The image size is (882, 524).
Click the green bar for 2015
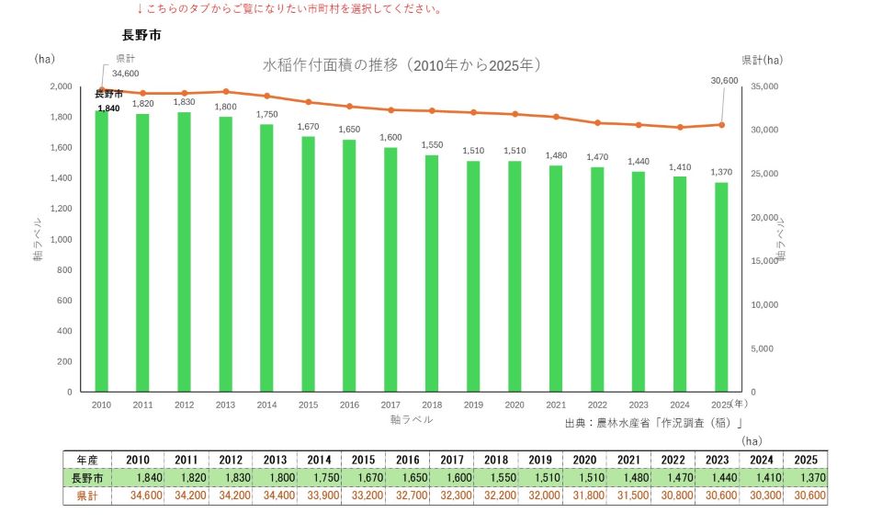pos(308,264)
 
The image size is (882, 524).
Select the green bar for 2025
pos(721,287)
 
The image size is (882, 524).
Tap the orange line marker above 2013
pos(226,91)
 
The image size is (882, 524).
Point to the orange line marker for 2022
pos(597,122)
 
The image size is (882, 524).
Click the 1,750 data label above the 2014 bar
pos(267,114)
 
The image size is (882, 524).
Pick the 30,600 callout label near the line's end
pos(725,81)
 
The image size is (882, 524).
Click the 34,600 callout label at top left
pos(126,74)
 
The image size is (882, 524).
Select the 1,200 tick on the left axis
pos(62,209)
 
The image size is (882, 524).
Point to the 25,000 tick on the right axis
pos(764,174)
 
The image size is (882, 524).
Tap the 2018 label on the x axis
pos(432,404)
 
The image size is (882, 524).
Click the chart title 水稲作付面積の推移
pos(330,65)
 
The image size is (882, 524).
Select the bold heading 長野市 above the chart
pos(141,35)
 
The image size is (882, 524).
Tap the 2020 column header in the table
pos(584,460)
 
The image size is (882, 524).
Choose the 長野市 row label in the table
pos(87,478)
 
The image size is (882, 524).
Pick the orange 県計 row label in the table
pos(87,496)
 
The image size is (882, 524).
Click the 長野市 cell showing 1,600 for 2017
pos(452,478)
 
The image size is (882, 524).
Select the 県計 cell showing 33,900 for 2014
pos(319,496)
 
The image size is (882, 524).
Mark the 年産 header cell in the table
pos(87,460)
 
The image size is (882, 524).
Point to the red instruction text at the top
pos(289,9)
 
